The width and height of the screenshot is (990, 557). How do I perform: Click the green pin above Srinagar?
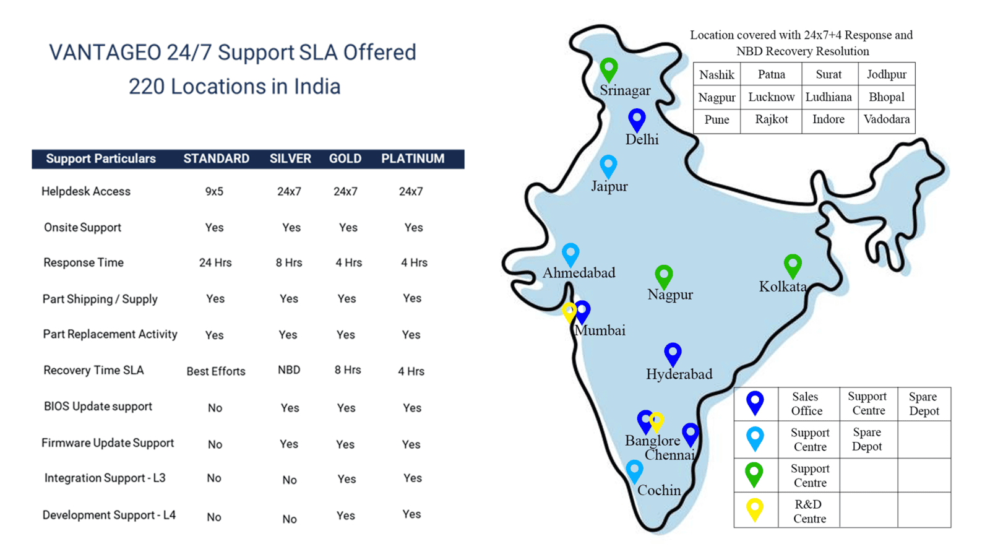click(x=609, y=70)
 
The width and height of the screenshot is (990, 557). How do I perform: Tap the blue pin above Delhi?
click(x=637, y=120)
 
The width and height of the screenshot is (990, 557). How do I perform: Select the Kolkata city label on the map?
click(x=783, y=287)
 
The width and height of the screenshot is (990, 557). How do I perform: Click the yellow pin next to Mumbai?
click(x=569, y=313)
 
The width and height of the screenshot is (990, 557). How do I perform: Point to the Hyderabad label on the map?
click(x=679, y=374)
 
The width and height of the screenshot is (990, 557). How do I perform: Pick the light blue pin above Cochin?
click(x=634, y=471)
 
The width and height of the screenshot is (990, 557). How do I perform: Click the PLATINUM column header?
click(x=413, y=158)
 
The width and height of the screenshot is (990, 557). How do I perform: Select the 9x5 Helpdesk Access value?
click(x=214, y=191)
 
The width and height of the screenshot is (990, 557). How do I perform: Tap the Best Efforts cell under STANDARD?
click(x=216, y=371)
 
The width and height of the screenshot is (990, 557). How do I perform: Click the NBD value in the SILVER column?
click(x=289, y=370)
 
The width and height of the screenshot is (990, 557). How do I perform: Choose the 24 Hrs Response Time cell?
click(x=215, y=262)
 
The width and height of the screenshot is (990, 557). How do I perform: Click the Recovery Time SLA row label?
click(x=93, y=370)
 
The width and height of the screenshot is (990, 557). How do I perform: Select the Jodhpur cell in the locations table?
click(x=887, y=75)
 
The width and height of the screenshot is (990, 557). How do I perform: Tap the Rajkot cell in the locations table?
click(x=771, y=119)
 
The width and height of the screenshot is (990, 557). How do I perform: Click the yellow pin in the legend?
click(x=755, y=509)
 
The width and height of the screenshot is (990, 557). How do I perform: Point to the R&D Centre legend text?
click(x=809, y=511)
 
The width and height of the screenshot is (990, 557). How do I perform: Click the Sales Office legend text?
click(x=807, y=404)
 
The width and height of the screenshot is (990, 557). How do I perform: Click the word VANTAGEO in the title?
click(x=105, y=53)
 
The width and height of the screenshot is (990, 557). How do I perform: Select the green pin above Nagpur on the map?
click(x=664, y=277)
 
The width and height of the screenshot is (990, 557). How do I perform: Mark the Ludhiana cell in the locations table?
click(x=829, y=97)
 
